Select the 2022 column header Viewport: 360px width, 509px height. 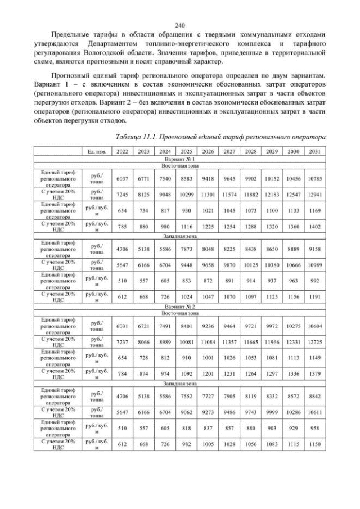121,152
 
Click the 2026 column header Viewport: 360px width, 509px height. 208,152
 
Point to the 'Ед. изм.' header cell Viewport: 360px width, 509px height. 97,152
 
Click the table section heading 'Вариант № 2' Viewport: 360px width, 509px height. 180,306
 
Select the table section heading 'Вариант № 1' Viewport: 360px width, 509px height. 180,160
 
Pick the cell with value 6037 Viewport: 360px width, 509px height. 121,178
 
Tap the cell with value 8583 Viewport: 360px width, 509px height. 186,178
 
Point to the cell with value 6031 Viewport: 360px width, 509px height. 121,325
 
